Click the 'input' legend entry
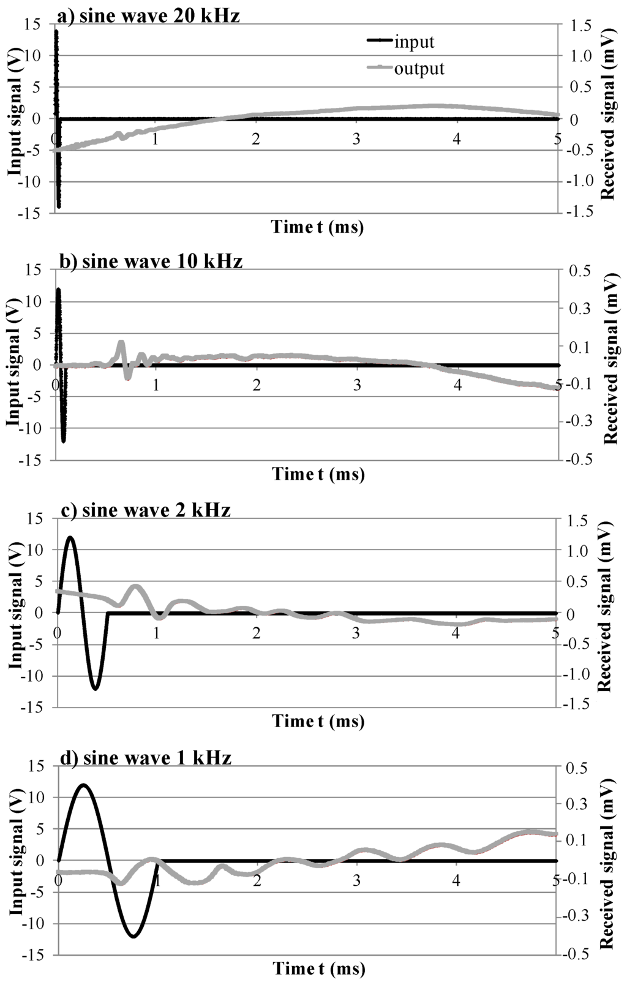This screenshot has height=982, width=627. (415, 42)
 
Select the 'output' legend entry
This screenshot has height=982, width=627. (419, 68)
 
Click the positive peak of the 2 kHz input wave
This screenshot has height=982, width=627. (71, 537)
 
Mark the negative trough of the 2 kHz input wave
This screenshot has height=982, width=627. (96, 689)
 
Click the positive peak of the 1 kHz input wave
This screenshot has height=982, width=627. (83, 785)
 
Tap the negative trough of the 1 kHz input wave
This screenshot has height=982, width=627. (133, 936)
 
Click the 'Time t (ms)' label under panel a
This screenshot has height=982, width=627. (318, 227)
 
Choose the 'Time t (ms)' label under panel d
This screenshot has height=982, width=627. (319, 969)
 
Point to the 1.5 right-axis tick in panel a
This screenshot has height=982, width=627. (580, 25)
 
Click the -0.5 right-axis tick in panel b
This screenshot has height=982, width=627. (580, 460)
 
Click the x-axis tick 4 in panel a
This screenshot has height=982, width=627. (456, 139)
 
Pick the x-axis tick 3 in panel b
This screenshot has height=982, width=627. (356, 385)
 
